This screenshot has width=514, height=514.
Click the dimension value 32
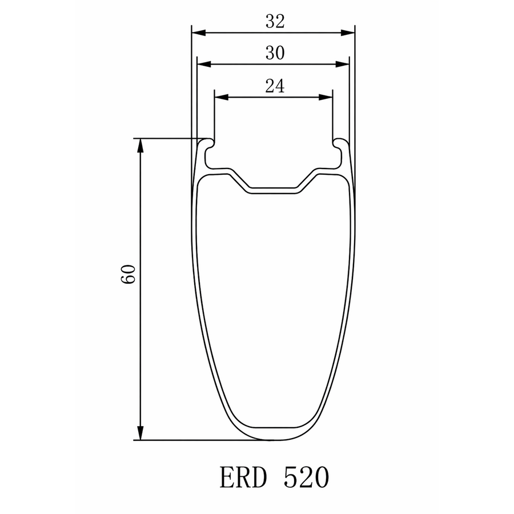tap(274, 21)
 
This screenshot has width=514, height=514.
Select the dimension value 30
tap(274, 53)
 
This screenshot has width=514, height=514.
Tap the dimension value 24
tap(274, 86)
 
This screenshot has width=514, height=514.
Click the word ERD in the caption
tap(243, 477)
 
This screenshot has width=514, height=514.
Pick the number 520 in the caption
tap(306, 477)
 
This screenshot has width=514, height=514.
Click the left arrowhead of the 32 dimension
tap(198, 33)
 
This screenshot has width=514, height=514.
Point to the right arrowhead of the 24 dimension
tap(326, 98)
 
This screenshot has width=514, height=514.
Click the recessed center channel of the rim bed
tap(273, 190)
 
